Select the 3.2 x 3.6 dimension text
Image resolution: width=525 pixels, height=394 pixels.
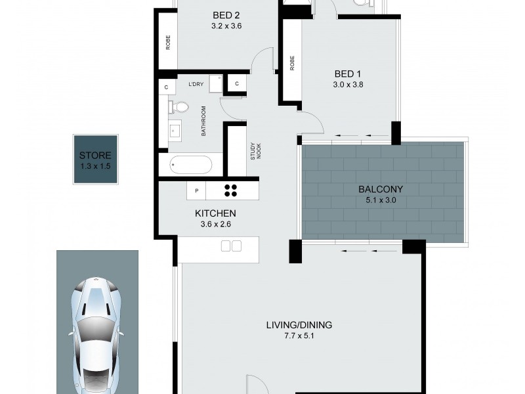[227, 27]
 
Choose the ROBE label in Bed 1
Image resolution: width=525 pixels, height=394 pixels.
[291, 63]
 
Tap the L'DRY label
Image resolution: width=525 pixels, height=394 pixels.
[195, 85]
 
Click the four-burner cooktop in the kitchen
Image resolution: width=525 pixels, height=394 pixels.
[231, 190]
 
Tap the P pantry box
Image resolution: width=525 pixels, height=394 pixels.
[196, 190]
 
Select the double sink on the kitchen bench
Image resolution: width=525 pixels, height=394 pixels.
[231, 246]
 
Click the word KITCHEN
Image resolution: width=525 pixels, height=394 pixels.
[215, 213]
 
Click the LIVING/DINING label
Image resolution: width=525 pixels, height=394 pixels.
[299, 325]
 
